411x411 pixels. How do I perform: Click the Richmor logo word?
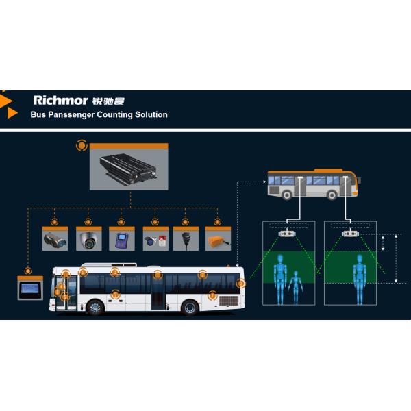click(60, 100)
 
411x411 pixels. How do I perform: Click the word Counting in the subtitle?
click(114, 115)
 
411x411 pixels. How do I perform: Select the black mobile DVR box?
click(128, 169)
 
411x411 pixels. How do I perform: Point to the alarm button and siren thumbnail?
click(155, 240)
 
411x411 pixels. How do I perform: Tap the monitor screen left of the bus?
click(30, 290)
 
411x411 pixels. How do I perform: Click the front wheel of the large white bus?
click(95, 307)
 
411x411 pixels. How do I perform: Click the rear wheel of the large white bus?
click(190, 307)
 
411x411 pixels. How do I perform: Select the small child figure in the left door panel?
click(296, 288)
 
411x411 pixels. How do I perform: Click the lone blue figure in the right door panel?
click(360, 279)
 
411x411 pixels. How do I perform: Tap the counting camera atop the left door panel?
click(287, 234)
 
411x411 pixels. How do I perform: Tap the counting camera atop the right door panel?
click(350, 234)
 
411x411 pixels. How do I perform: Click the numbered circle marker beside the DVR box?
click(82, 145)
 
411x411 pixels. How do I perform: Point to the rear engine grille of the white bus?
click(229, 301)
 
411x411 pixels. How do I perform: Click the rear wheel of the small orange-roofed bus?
click(287, 195)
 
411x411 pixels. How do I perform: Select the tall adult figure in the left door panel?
click(280, 279)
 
